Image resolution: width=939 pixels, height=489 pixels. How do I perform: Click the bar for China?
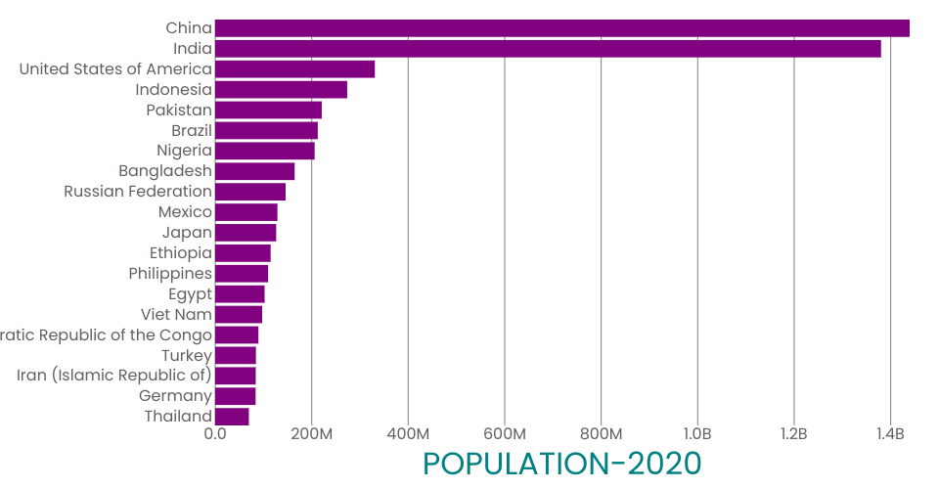click(561, 28)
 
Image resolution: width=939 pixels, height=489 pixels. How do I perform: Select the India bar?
click(548, 49)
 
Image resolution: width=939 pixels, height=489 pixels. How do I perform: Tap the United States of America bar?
click(294, 69)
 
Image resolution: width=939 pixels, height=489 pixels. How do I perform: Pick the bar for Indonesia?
click(281, 90)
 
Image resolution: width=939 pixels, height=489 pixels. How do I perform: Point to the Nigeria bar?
click(264, 151)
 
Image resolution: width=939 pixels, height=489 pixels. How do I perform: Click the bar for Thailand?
click(232, 417)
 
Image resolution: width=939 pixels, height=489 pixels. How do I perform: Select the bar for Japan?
click(246, 233)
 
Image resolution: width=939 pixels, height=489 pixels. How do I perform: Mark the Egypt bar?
click(240, 294)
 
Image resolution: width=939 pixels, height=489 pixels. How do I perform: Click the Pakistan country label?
click(179, 110)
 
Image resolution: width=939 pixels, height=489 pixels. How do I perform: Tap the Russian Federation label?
click(138, 192)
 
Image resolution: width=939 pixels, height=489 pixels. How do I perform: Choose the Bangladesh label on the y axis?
click(165, 171)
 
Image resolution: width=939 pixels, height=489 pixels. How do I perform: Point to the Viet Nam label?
click(176, 315)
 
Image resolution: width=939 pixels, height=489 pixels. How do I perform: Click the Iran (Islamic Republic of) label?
click(114, 376)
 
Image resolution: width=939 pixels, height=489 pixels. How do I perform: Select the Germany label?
click(175, 396)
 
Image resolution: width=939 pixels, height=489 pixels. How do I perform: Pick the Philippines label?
click(170, 274)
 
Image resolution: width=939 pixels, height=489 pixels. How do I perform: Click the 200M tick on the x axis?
click(311, 434)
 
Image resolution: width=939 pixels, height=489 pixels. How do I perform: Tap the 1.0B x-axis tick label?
click(696, 434)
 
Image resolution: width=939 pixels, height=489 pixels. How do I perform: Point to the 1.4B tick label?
click(890, 434)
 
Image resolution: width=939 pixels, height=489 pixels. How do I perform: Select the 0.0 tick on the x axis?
click(215, 434)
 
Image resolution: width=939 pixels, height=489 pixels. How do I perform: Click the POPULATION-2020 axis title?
click(562, 464)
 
